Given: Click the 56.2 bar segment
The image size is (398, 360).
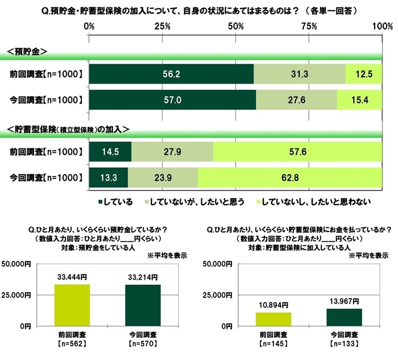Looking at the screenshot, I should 171,74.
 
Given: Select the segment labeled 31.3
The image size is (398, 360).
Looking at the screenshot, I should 299,74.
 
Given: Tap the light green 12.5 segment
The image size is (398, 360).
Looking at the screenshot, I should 363,74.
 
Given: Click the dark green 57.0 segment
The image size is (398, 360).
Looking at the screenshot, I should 172,100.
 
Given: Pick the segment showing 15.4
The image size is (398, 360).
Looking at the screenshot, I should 359,100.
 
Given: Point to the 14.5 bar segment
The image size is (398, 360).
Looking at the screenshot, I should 110,152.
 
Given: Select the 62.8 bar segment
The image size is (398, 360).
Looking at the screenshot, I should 289,179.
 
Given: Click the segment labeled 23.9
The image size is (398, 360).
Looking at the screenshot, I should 163,179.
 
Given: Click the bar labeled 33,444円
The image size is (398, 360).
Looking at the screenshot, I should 72,305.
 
